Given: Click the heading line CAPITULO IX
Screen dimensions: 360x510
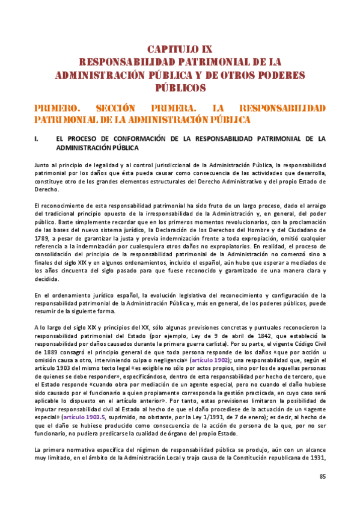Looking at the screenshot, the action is (x=180, y=49).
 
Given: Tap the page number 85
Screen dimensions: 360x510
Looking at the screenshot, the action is (x=322, y=478).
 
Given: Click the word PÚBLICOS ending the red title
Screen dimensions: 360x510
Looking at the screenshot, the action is (x=180, y=88).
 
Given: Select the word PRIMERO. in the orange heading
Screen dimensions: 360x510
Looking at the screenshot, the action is (x=59, y=108).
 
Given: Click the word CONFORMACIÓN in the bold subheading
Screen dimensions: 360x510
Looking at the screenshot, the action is (x=139, y=139).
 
